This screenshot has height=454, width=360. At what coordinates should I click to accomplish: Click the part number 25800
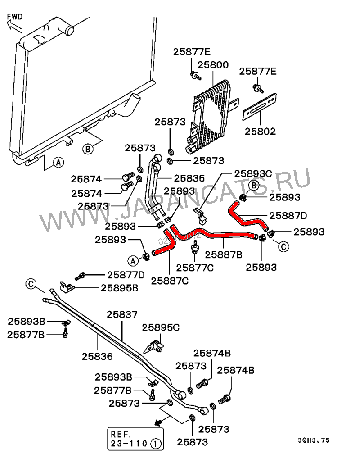tap(211, 65)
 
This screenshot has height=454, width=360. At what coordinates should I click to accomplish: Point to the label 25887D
tap(288, 215)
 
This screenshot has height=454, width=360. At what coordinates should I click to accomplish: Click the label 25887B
tap(224, 254)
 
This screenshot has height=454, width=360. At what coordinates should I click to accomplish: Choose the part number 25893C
tap(253, 173)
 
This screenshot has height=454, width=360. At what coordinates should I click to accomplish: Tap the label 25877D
tap(126, 275)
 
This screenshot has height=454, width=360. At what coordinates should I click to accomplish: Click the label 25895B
tap(119, 287)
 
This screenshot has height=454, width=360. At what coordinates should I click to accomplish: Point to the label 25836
tap(97, 356)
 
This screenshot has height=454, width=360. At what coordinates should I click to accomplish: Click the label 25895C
tap(161, 327)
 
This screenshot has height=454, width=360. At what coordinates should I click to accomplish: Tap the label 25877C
tap(194, 268)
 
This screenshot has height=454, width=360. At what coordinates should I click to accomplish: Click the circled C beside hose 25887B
tap(283, 246)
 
